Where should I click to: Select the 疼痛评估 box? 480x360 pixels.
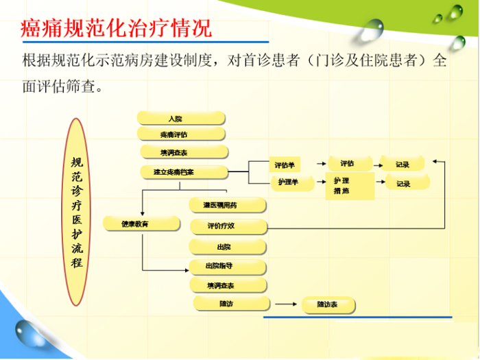[x=181, y=134]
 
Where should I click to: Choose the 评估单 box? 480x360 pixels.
[x=285, y=165]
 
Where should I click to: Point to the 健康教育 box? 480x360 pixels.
[x=137, y=224]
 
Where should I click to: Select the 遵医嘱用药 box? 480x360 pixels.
[x=226, y=205]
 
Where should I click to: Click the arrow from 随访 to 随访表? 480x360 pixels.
[x=287, y=303]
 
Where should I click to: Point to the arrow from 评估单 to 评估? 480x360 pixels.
[x=318, y=164]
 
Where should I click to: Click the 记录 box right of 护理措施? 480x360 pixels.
[x=405, y=184]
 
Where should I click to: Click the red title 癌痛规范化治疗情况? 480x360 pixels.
[x=117, y=29]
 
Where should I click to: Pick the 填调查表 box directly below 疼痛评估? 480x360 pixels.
[x=184, y=152]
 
